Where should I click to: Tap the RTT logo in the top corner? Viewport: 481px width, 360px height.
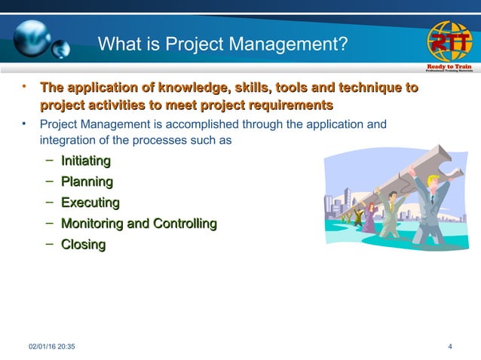click(x=450, y=41)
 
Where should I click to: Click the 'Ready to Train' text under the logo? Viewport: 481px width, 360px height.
click(x=450, y=67)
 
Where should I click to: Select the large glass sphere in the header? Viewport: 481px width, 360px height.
click(x=30, y=34)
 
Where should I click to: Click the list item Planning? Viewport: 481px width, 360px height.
click(x=87, y=182)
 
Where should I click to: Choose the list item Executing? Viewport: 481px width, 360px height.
click(x=90, y=203)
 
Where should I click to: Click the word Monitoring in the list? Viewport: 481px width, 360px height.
click(x=92, y=224)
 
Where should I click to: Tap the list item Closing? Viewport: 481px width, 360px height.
click(x=83, y=245)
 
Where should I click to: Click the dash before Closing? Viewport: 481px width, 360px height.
click(x=49, y=245)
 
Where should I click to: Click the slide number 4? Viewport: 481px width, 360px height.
click(x=450, y=346)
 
